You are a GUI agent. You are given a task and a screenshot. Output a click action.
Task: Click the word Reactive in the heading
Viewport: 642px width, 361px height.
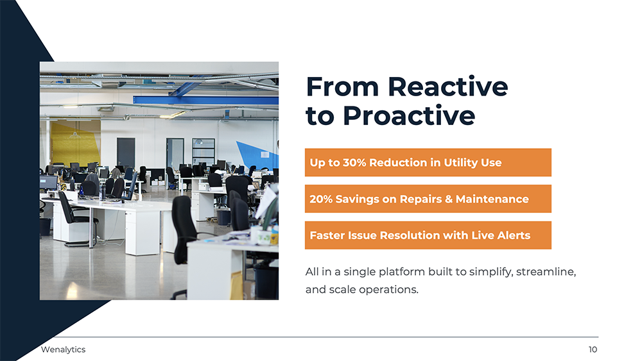pyautogui.click(x=447, y=87)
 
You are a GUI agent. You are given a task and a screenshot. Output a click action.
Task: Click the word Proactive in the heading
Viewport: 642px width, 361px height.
pyautogui.click(x=408, y=115)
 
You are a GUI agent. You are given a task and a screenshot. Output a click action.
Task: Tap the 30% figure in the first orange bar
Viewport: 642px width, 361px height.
pyautogui.click(x=354, y=162)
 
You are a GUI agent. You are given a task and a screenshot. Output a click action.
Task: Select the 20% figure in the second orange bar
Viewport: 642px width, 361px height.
pyautogui.click(x=320, y=199)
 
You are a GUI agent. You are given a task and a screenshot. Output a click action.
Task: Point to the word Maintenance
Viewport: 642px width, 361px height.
pyautogui.click(x=492, y=199)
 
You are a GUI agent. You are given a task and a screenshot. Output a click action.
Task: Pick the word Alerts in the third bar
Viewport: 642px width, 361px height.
pyautogui.click(x=514, y=235)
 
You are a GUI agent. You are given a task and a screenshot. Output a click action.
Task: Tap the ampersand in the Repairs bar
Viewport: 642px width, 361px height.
pyautogui.click(x=448, y=199)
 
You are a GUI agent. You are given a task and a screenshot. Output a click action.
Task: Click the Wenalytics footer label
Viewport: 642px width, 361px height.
pyautogui.click(x=63, y=349)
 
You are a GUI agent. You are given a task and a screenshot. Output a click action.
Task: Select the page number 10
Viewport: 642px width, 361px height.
pyautogui.click(x=593, y=349)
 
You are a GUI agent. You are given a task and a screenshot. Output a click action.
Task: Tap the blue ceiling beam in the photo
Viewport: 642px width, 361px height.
pyautogui.click(x=205, y=100)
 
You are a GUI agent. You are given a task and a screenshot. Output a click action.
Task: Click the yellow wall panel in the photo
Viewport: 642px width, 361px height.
pyautogui.click(x=75, y=143)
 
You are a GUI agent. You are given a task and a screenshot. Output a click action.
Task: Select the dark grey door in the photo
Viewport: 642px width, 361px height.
pyautogui.click(x=126, y=152)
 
